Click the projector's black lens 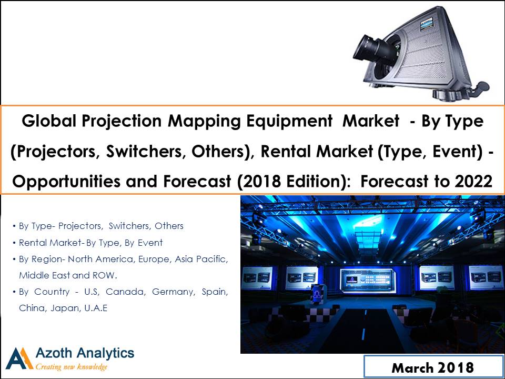[373, 49]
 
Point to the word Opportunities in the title [67, 182]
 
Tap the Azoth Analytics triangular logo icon [19, 358]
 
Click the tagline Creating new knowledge [72, 367]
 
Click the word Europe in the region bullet [154, 260]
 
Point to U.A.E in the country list [96, 308]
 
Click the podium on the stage [316, 294]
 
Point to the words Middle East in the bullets [44, 275]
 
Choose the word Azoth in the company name [54, 353]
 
